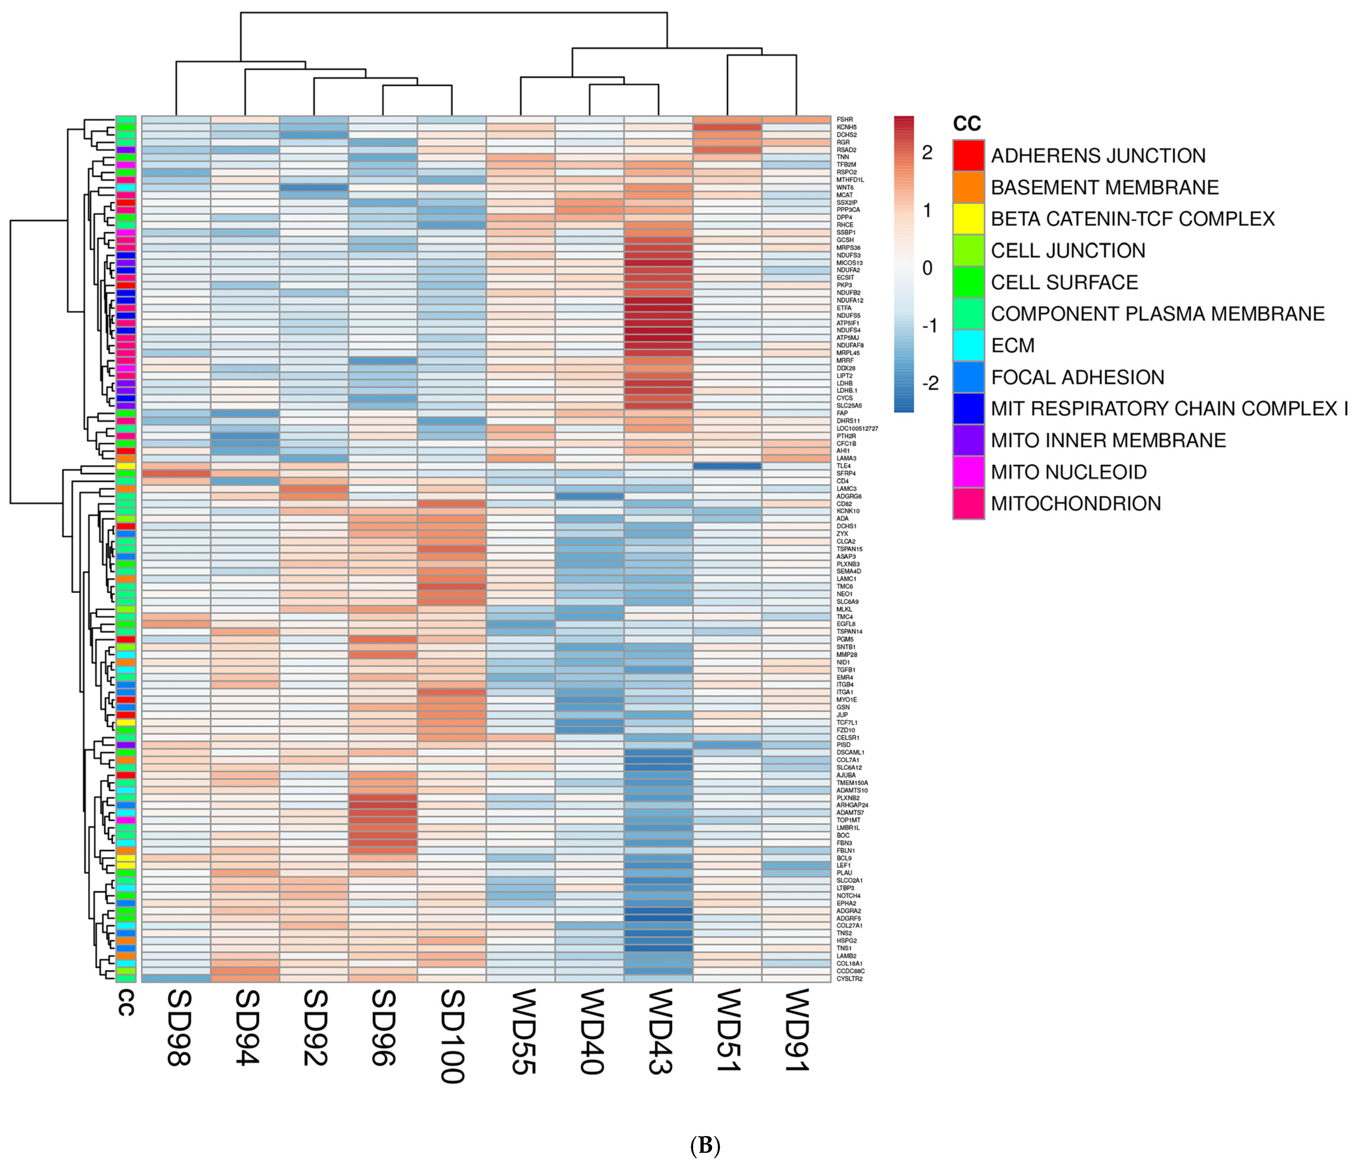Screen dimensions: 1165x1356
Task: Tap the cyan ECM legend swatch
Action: click(968, 346)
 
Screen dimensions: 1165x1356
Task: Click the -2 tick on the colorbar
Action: click(929, 383)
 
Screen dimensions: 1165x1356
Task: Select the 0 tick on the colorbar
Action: click(927, 268)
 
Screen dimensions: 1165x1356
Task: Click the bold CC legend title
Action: click(967, 124)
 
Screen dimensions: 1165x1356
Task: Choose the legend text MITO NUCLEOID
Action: click(1069, 472)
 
